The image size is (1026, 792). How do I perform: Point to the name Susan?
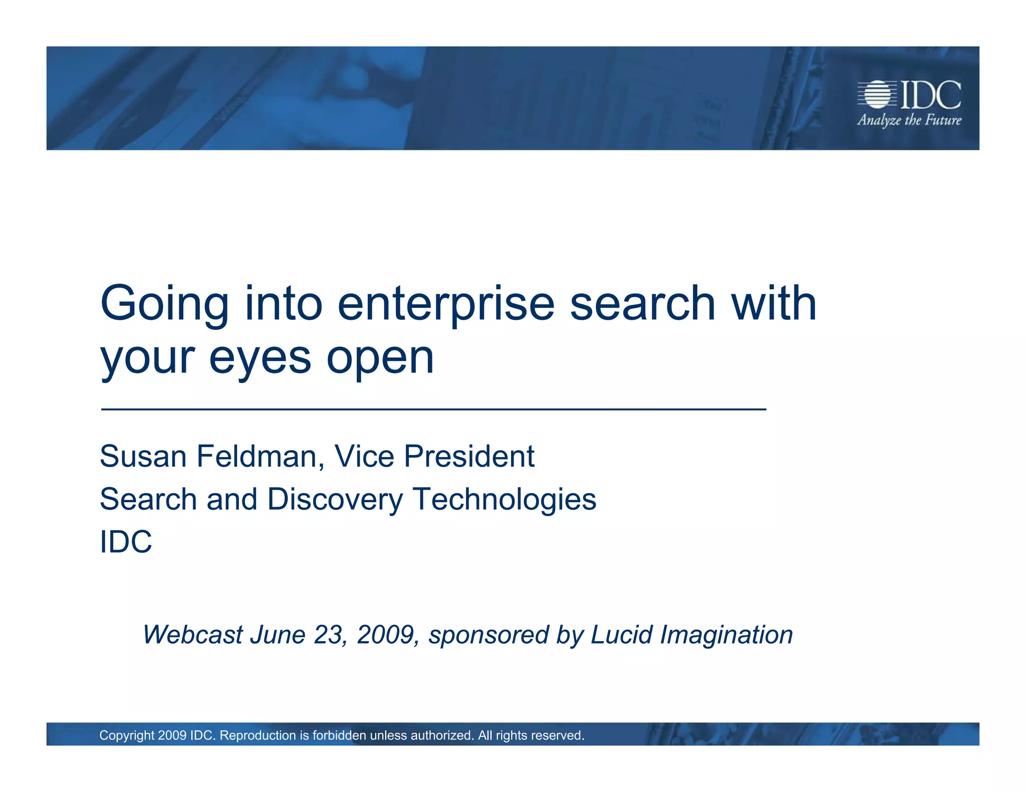click(x=143, y=457)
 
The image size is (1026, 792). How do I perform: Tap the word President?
click(x=469, y=457)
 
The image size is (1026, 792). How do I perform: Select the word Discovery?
click(x=335, y=500)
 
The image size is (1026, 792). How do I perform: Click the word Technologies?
click(x=504, y=500)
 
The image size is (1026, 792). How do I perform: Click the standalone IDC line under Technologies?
click(x=126, y=542)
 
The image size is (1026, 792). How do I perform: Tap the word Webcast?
click(x=193, y=635)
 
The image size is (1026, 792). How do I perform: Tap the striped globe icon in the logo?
click(x=877, y=94)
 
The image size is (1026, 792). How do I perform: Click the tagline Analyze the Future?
click(x=909, y=120)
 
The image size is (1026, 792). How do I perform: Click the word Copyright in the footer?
click(x=127, y=735)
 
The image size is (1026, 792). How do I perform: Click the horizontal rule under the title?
click(x=433, y=410)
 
